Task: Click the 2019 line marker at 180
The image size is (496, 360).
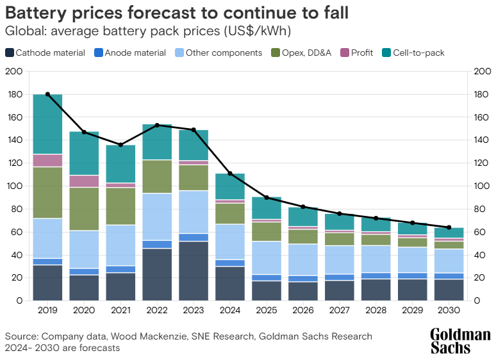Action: pyautogui.click(x=47, y=94)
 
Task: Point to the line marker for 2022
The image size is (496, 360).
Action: pyautogui.click(x=157, y=125)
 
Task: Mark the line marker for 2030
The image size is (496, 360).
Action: pyautogui.click(x=449, y=227)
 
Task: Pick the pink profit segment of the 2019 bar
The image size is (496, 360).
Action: pyautogui.click(x=47, y=160)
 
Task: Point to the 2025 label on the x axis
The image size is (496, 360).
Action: pyautogui.click(x=267, y=311)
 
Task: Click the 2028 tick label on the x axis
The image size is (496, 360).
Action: pyautogui.click(x=376, y=311)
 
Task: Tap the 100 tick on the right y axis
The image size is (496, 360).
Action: pyautogui.click(x=482, y=186)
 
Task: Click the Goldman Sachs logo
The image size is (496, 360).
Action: pyautogui.click(x=460, y=341)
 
